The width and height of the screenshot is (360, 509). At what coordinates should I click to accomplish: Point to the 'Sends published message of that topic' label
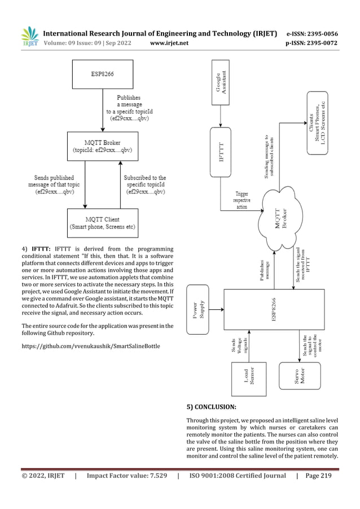click(55, 185)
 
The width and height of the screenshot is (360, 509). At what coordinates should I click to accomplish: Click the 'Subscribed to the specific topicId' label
click(146, 185)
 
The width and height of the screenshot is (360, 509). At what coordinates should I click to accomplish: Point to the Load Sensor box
click(249, 378)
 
